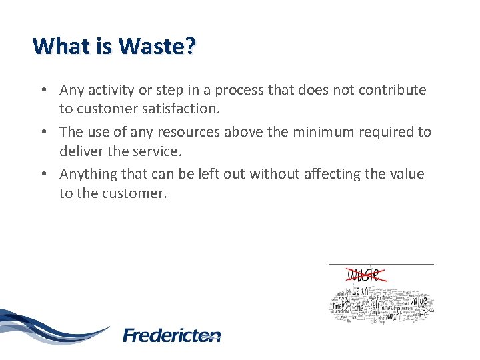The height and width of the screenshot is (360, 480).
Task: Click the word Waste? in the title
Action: [x=157, y=46]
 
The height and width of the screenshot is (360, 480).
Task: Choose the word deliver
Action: [x=80, y=151]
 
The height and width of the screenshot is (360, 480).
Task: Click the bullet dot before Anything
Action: [x=43, y=175]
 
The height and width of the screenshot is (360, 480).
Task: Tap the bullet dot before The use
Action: [x=43, y=133]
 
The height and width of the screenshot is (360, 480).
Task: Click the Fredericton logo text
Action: [x=171, y=335]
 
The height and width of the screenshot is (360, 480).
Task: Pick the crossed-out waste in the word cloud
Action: [x=364, y=273]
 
